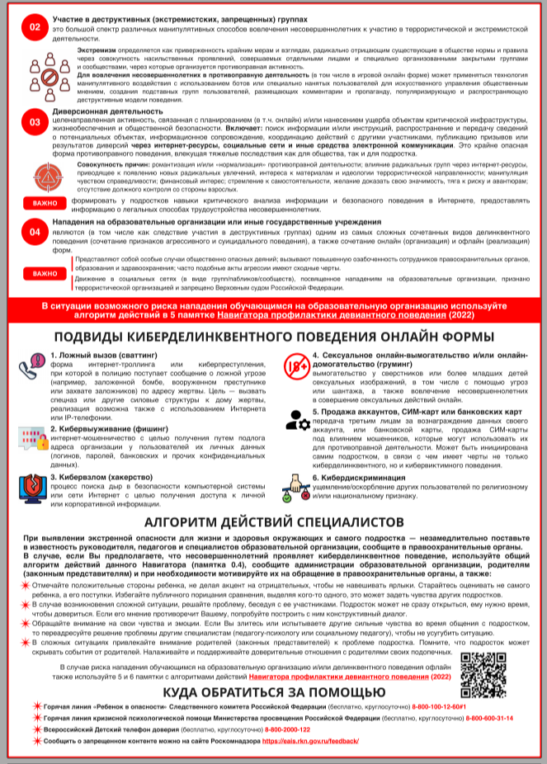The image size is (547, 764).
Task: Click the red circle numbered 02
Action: pyautogui.click(x=35, y=26)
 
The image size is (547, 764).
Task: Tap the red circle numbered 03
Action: pyautogui.click(x=35, y=122)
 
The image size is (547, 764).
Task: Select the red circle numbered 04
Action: pyautogui.click(x=35, y=233)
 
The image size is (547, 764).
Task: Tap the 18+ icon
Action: pyautogui.click(x=295, y=367)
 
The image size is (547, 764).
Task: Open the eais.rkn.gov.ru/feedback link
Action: pyautogui.click(x=310, y=741)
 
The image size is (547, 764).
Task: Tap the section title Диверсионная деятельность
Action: pyautogui.click(x=106, y=111)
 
